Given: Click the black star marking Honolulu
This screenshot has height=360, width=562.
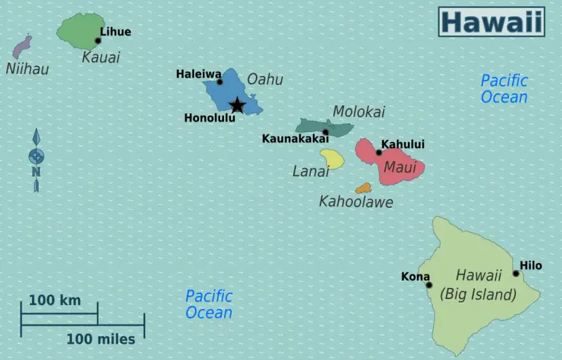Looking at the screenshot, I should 237,105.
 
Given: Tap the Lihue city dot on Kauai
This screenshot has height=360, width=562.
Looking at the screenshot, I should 98,41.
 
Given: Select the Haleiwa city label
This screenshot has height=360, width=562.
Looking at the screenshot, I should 198,74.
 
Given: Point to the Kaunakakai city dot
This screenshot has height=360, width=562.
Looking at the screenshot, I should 326,132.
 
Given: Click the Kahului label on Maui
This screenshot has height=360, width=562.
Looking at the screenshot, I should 402,144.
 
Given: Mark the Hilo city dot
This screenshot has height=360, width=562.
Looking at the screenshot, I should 516,274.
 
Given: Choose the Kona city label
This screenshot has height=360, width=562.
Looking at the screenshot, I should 415,276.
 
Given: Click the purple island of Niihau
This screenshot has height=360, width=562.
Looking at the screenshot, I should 22,48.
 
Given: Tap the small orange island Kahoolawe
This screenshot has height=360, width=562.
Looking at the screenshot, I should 364,188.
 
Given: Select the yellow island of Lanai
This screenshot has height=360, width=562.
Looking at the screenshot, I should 332,158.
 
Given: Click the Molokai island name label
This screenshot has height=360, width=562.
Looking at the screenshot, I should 358,111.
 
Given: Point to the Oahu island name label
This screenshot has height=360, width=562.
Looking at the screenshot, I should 265,79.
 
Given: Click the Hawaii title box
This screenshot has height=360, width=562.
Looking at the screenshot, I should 491,22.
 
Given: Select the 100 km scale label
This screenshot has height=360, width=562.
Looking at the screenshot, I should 54,300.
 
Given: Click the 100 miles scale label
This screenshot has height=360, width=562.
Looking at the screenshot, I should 100,338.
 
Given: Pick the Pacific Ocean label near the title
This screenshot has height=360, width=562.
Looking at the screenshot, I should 504,89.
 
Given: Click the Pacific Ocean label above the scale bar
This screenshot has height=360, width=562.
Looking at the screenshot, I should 209,304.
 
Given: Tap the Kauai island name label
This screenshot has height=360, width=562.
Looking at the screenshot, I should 100,57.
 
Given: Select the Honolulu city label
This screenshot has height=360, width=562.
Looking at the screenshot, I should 210,118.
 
